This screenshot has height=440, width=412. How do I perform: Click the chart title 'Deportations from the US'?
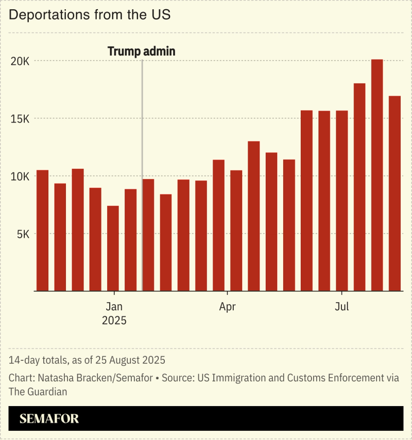[x=90, y=15]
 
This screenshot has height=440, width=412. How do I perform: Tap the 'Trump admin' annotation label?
[x=141, y=51]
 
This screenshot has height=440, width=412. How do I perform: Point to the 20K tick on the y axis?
[x=21, y=61]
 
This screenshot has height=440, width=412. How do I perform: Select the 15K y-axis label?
[x=21, y=118]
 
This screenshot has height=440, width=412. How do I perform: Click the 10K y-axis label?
[x=21, y=176]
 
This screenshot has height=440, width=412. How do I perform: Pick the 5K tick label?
[x=24, y=234]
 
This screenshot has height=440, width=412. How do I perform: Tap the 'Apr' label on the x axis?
[x=227, y=307]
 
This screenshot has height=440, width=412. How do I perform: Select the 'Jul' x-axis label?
[x=341, y=307]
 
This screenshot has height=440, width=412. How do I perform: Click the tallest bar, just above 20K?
[x=377, y=175]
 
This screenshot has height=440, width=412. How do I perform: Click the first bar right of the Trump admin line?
[x=148, y=235]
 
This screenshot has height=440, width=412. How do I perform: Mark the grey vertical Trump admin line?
[x=142, y=175]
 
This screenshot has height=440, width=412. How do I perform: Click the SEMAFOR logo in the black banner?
[x=49, y=419]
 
